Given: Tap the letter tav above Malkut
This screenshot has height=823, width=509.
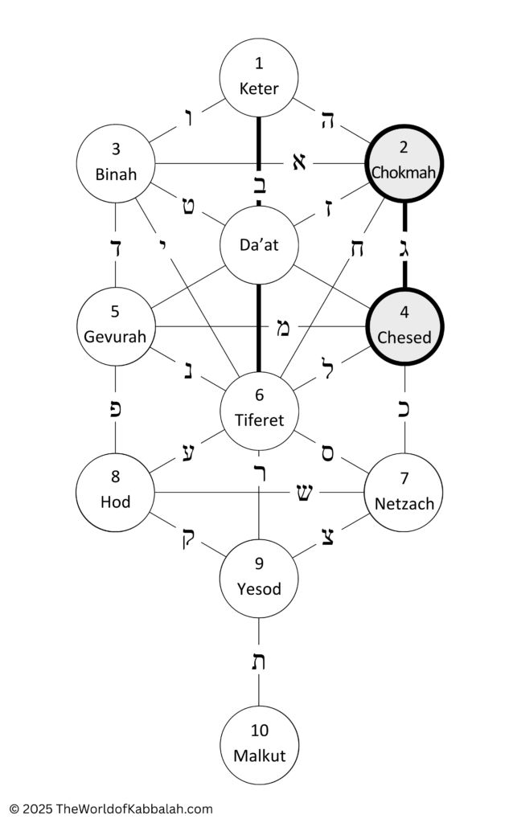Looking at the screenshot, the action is tap(258, 662).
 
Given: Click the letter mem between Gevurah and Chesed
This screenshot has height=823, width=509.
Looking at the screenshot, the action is tap(282, 329).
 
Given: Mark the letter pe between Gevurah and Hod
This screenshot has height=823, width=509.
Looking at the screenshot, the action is tap(116, 410).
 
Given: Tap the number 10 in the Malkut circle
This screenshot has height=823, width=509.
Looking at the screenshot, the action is tap(260, 730).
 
